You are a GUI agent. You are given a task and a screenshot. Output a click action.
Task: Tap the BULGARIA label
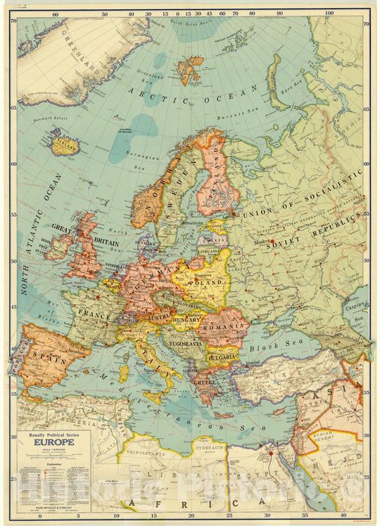222,357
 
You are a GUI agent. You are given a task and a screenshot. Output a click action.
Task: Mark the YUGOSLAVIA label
183,344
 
